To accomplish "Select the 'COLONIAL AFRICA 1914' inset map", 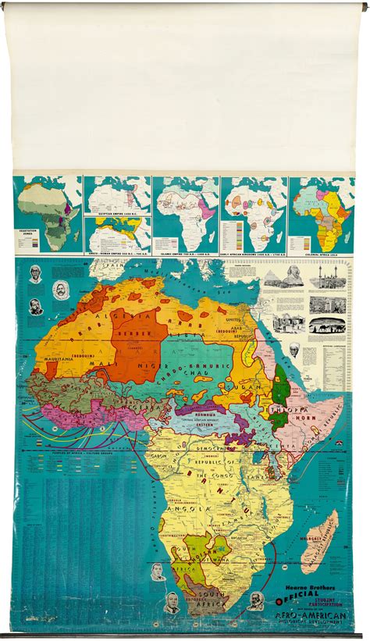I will (321, 215).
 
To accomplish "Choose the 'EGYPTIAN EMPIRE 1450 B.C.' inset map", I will (117, 195).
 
